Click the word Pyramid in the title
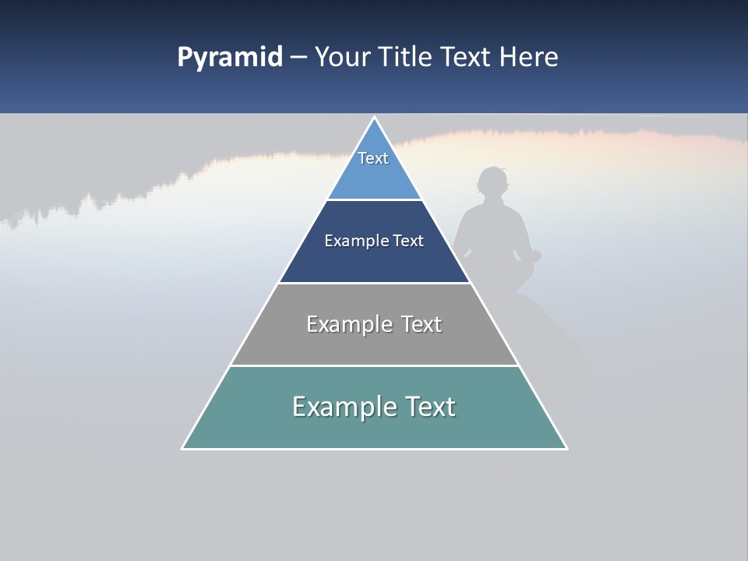(x=229, y=58)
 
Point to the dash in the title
(x=298, y=58)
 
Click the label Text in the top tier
(x=373, y=158)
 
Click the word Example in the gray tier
(x=350, y=324)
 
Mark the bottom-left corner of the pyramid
(x=183, y=448)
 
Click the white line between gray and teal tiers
(x=374, y=365)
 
